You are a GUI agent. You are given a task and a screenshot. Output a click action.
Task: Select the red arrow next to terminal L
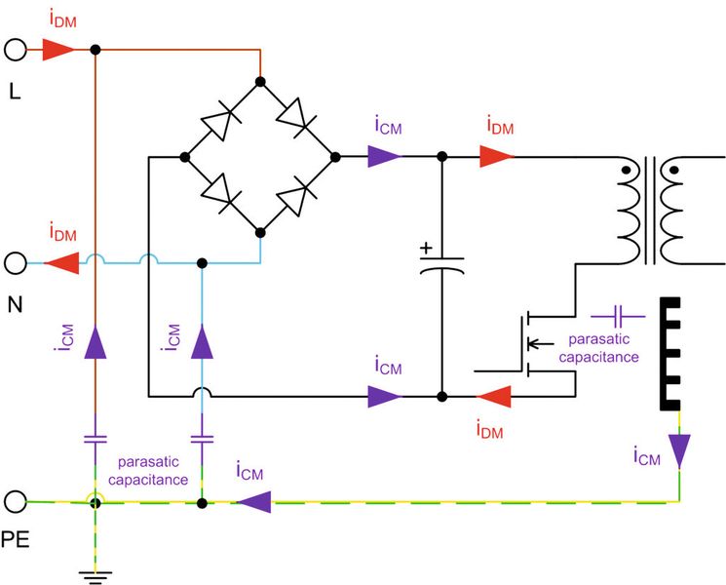(58, 49)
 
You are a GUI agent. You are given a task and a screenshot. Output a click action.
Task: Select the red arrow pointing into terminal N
(61, 263)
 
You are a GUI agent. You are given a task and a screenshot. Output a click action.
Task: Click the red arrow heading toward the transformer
(497, 155)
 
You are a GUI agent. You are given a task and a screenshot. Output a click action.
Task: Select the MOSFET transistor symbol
(531, 343)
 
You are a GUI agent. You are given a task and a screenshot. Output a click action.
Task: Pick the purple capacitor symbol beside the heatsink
(618, 315)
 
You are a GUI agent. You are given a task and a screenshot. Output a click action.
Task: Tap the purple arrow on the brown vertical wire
(95, 341)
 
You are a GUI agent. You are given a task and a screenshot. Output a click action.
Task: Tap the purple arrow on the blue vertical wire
(203, 341)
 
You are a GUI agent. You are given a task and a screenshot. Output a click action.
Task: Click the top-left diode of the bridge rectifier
(220, 123)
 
